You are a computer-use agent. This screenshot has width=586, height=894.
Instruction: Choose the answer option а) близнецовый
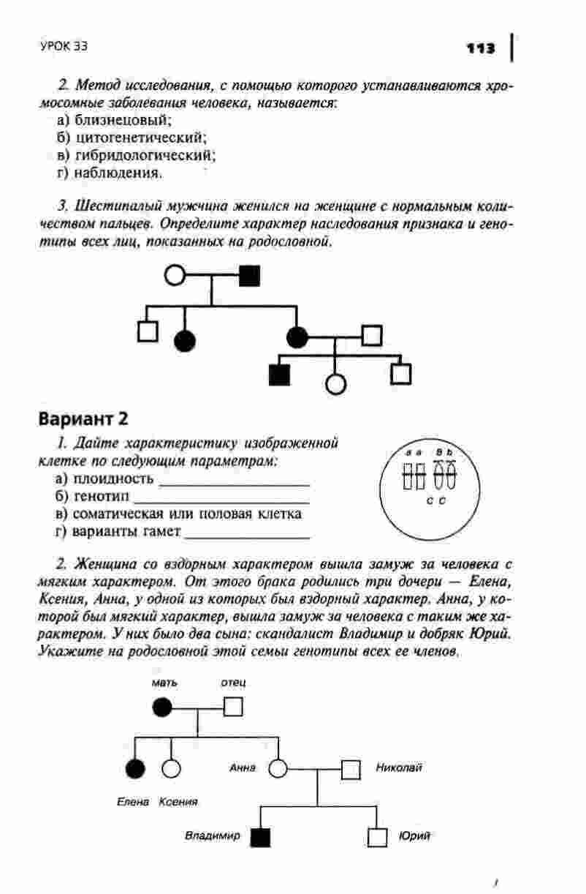(x=113, y=119)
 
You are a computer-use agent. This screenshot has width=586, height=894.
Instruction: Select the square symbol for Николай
(x=351, y=769)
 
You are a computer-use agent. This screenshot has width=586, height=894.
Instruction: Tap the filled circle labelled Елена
(x=135, y=769)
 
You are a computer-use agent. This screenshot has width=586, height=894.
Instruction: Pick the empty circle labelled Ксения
(x=171, y=769)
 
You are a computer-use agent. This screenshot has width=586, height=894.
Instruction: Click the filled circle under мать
(x=162, y=707)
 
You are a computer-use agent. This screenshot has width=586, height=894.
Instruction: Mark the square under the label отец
(x=233, y=707)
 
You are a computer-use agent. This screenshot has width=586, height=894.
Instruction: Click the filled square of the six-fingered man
(x=250, y=276)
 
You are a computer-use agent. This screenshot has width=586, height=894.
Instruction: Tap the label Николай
(x=399, y=767)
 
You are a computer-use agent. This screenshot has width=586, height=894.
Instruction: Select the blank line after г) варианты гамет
(x=248, y=536)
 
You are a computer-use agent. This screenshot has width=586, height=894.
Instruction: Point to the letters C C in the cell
(x=436, y=501)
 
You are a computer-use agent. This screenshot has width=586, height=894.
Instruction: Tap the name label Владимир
(x=212, y=835)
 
